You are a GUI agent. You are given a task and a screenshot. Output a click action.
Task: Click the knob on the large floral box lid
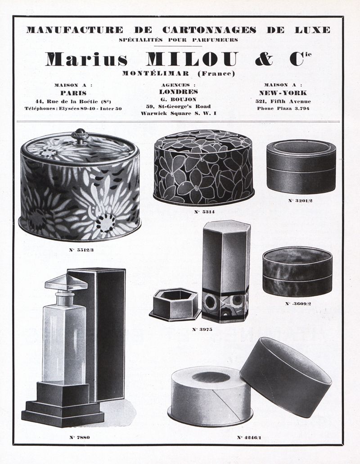tap(80, 136)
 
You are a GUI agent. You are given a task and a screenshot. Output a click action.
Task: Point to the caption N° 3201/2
tap(300, 201)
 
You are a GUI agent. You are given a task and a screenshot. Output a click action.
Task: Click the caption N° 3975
tap(202, 330)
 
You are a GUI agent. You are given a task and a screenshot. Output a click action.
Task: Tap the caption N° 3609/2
tap(298, 303)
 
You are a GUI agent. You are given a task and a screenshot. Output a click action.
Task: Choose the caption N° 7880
tap(79, 437)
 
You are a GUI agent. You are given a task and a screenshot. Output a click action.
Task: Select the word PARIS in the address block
tap(73, 93)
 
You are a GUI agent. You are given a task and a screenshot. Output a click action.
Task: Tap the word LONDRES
tap(178, 92)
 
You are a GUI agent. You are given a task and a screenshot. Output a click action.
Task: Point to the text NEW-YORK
tap(283, 93)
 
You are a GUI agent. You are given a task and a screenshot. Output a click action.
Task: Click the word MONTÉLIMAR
tap(156, 73)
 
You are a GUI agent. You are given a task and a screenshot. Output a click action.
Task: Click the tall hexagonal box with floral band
tap(226, 272)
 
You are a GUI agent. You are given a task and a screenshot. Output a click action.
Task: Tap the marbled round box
tap(297, 272)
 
